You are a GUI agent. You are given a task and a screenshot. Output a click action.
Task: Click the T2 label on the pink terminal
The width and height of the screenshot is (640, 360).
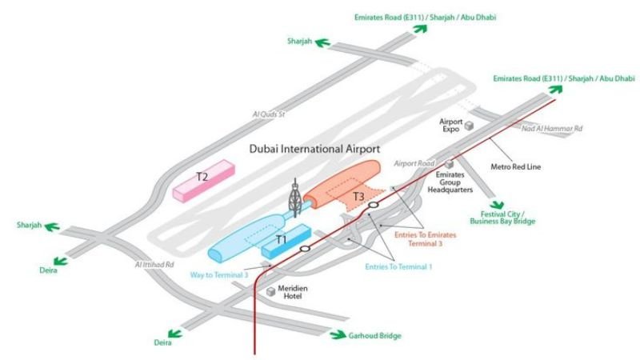pyautogui.click(x=202, y=175)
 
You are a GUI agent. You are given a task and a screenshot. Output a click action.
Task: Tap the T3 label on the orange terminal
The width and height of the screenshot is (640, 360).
pyautogui.click(x=359, y=197)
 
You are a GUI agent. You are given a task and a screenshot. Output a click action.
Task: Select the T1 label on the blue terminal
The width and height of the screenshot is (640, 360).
pyautogui.click(x=281, y=239)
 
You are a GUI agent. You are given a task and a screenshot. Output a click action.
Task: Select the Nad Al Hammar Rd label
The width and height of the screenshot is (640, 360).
pyautogui.click(x=552, y=128)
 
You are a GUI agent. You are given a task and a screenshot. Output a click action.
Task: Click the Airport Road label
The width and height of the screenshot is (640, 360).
pyautogui.click(x=413, y=163)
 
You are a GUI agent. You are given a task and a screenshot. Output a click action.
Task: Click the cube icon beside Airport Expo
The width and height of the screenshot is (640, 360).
pyautogui.click(x=470, y=126)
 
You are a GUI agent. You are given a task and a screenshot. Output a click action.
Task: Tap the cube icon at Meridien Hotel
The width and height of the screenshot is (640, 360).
pyautogui.click(x=271, y=291)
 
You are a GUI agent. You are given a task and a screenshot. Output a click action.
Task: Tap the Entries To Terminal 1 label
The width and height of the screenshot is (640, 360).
pyautogui.click(x=398, y=266)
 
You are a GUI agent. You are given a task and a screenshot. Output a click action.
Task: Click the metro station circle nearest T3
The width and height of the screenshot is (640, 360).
pyautogui.click(x=374, y=206)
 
